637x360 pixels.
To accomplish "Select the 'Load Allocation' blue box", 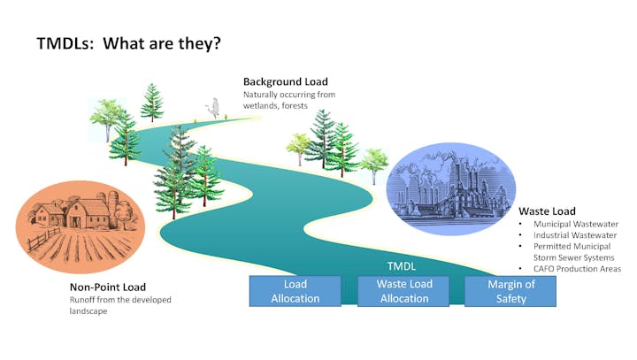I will click(x=295, y=291).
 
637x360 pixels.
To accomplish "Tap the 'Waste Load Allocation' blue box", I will click(x=403, y=291).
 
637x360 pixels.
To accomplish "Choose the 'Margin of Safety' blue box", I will click(x=511, y=291).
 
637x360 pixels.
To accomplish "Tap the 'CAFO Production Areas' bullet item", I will click(x=577, y=269).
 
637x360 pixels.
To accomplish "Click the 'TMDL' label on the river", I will click(x=402, y=265).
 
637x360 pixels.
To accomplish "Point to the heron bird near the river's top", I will click(x=212, y=107).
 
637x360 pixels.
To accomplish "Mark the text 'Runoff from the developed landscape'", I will click(x=120, y=305).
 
